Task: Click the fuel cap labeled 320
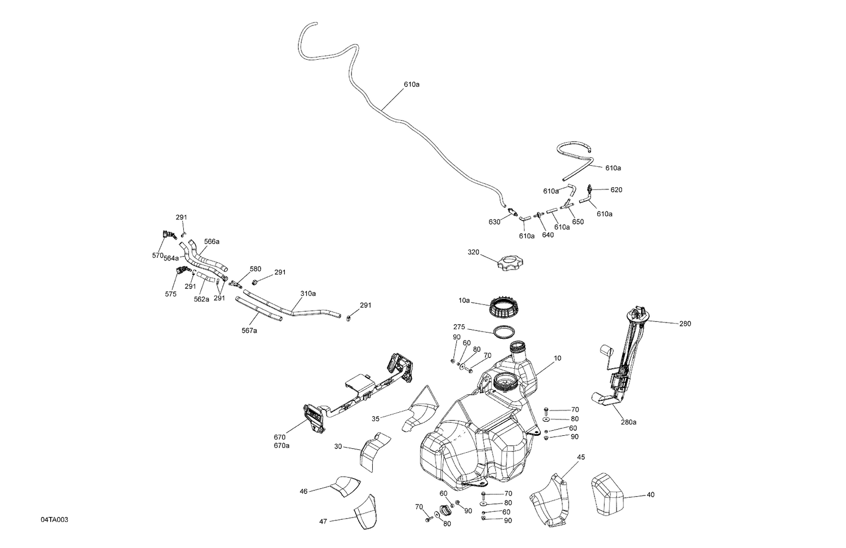point(510,263)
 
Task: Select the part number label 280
point(685,324)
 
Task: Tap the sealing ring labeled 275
point(504,333)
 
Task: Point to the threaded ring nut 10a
point(503,308)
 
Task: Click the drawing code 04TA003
point(54,519)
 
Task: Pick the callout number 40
point(650,495)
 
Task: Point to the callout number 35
point(376,419)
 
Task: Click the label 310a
point(308,293)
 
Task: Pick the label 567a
point(249,330)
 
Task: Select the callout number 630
point(494,222)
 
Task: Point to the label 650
point(578,222)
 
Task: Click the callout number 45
point(580,457)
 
